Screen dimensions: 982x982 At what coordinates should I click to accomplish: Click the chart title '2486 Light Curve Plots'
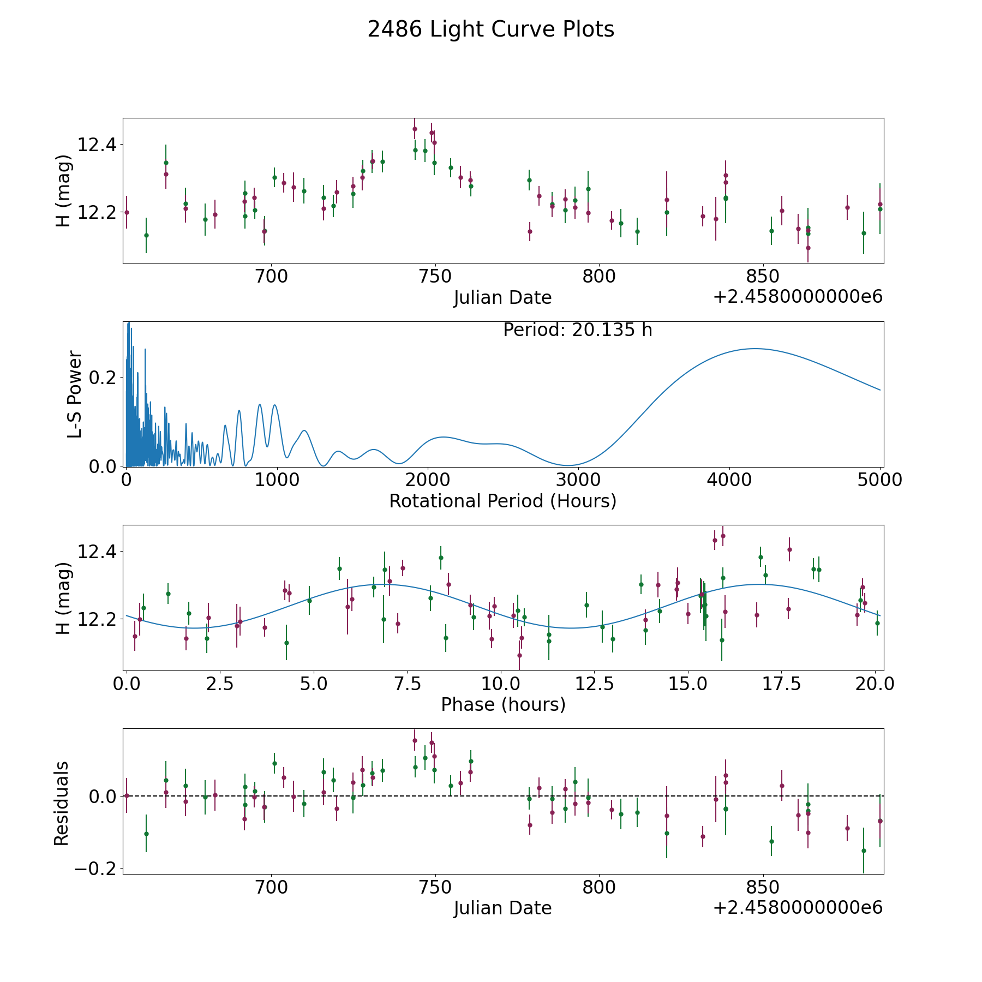pos(490,29)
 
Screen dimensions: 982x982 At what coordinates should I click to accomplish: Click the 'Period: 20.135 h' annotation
pos(577,330)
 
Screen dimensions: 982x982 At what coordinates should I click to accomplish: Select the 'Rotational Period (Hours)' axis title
pos(502,501)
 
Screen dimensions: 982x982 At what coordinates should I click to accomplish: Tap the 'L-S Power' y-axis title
pos(75,394)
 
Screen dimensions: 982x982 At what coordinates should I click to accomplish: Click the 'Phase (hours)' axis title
pos(503,704)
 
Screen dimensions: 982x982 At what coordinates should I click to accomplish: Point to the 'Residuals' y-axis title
pos(61,803)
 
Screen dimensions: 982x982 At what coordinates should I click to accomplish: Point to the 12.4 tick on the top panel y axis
pos(97,145)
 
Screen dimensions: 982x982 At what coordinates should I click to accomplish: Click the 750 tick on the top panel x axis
pos(435,277)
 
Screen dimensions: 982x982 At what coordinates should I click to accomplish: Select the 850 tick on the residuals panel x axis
pos(763,887)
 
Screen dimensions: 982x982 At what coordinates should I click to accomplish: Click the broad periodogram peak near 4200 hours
pos(755,349)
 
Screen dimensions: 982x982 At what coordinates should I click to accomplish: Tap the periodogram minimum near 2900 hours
pos(567,465)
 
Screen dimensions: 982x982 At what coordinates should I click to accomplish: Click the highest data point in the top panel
pos(415,129)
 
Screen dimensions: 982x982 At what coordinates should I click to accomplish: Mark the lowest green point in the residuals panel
pos(864,851)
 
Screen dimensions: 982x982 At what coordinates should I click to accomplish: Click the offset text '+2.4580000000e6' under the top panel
pos(798,297)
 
